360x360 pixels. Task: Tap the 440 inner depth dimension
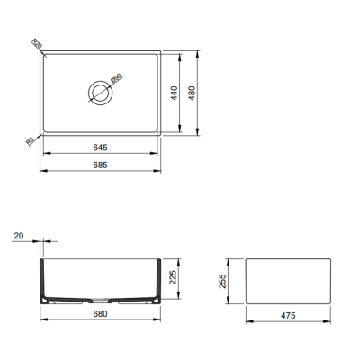point(174,92)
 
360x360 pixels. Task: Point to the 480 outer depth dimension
point(192,92)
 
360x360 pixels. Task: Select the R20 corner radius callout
point(37,42)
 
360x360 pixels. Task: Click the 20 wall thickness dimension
point(18,237)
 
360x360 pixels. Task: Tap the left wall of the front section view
point(44,281)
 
